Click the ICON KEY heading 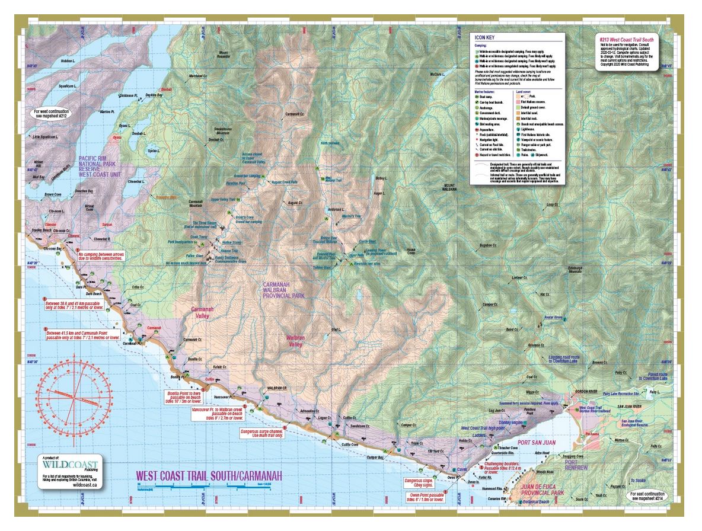(x=486, y=37)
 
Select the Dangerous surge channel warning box (x=261, y=433)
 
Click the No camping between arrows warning (x=100, y=257)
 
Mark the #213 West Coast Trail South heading (x=630, y=36)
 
